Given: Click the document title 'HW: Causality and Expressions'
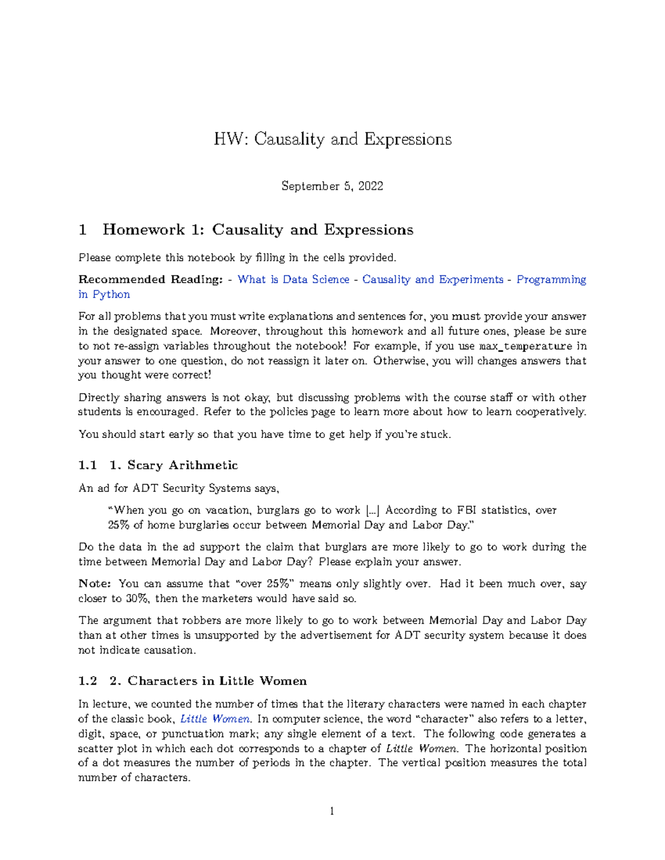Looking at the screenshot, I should (332, 139).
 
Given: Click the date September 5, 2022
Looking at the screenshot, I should (332, 186).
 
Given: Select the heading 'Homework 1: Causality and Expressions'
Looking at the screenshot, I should (258, 230).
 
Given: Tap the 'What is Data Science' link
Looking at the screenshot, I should (293, 280).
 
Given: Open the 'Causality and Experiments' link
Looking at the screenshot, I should (432, 280).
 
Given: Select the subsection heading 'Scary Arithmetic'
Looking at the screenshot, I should (182, 465).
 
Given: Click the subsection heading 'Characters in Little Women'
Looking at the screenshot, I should (217, 681).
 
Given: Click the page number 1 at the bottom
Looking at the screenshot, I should (332, 812).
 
